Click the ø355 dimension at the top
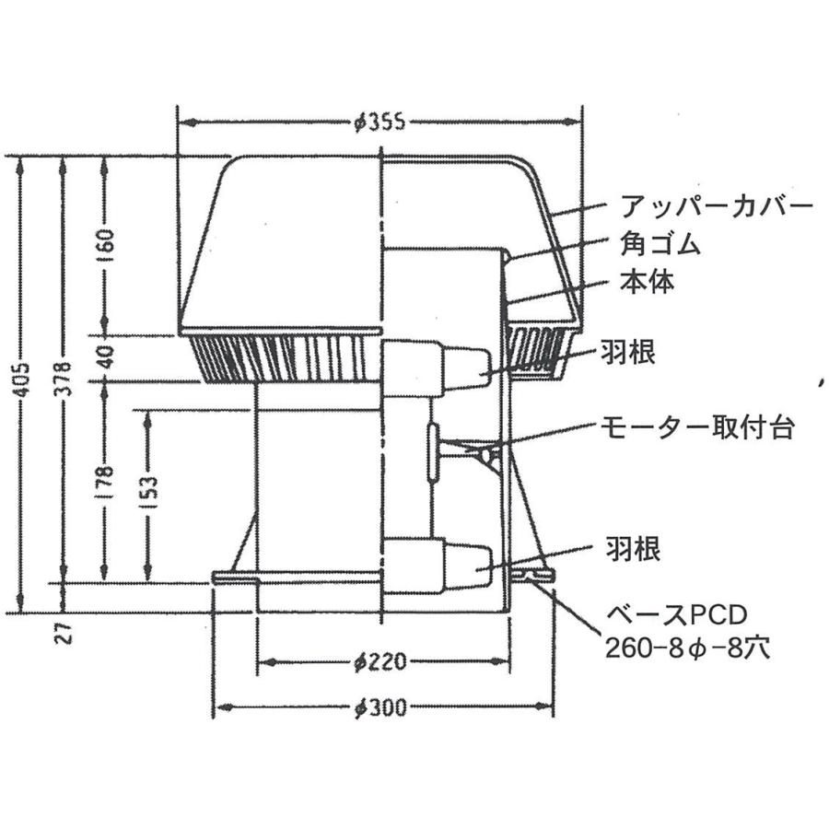point(380,123)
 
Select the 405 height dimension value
point(20,379)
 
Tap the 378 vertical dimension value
point(63,379)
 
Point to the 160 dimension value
point(105,241)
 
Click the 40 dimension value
point(105,356)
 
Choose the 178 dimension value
point(105,479)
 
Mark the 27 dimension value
point(64,632)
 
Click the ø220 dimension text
point(380,661)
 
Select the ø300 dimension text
point(380,706)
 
